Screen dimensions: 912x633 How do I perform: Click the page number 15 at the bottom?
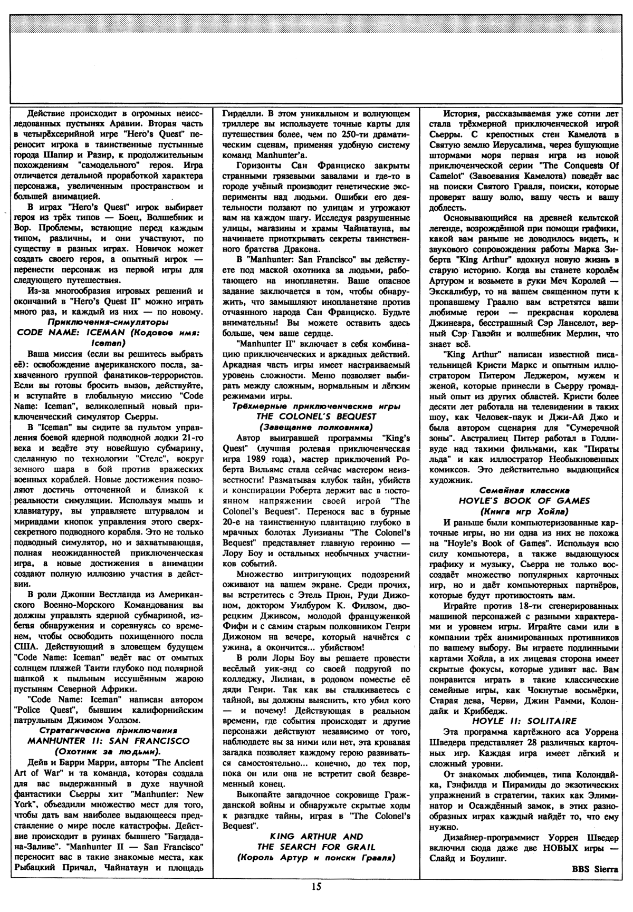(316, 901)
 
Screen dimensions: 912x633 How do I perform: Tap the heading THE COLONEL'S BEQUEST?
(316, 415)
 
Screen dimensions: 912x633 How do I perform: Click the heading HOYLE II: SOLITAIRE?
(525, 721)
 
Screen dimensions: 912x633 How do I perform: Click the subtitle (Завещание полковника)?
(316, 426)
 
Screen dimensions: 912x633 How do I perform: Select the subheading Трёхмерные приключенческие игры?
(316, 405)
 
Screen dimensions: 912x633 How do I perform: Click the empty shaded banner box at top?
(316, 52)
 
